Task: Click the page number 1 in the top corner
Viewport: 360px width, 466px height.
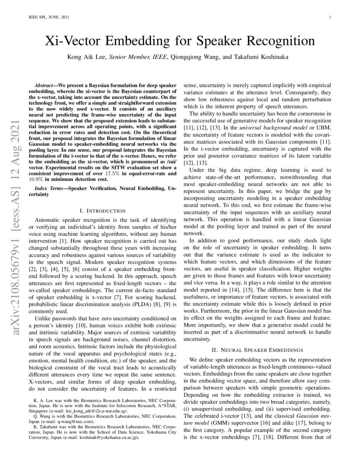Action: pyautogui.click(x=329, y=17)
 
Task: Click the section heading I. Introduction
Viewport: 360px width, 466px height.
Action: pyautogui.click(x=102, y=211)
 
